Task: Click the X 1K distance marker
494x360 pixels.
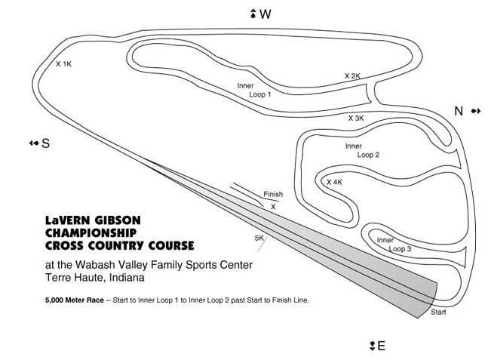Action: point(63,64)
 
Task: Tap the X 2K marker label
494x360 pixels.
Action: point(352,76)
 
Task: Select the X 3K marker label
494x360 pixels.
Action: point(356,118)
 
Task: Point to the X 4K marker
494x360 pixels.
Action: point(334,182)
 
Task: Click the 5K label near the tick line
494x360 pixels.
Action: point(259,238)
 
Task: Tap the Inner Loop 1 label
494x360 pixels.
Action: point(254,90)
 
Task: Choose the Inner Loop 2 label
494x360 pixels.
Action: point(362,150)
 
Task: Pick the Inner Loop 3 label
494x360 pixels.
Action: point(394,245)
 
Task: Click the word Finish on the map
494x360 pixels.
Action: point(273,194)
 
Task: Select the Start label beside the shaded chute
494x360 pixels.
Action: point(438,312)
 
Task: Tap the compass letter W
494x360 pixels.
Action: point(265,14)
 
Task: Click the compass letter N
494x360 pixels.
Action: point(459,111)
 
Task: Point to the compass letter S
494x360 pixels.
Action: point(46,143)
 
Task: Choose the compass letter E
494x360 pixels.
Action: point(381,346)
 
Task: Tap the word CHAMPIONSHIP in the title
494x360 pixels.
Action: point(91,233)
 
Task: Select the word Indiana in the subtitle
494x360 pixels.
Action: point(127,278)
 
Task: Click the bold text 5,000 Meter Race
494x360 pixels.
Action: point(75,300)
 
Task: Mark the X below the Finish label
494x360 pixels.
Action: point(273,207)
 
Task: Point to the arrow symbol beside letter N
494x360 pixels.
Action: point(476,111)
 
